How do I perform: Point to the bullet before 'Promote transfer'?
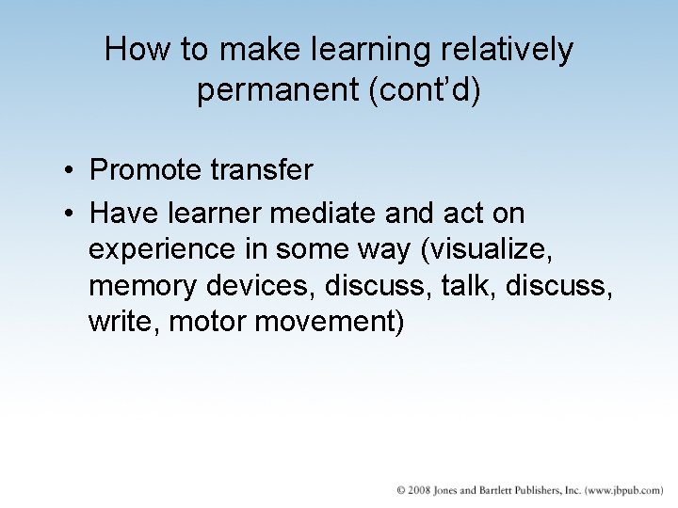click(x=71, y=171)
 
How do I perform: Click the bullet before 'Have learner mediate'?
click(x=71, y=214)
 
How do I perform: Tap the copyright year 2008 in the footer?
click(x=419, y=491)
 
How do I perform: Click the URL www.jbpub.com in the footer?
click(x=624, y=491)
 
